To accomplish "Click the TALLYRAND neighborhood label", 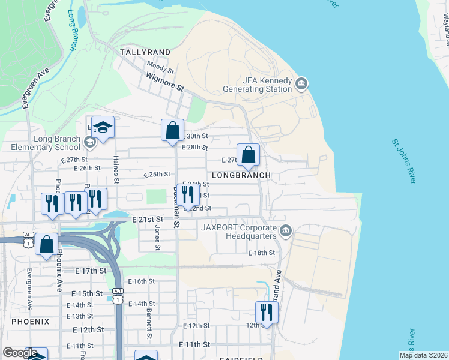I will click(145, 52).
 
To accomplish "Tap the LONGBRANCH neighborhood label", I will click(246, 175).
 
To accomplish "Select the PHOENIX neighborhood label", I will click(30, 321).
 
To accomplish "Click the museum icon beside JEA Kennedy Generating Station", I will click(301, 83).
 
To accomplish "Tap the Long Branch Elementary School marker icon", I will click(90, 142).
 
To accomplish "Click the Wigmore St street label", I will click(165, 82).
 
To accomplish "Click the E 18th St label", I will click(261, 253).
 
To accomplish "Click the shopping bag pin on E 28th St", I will click(172, 130).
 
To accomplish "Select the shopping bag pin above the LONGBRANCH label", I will click(248, 155).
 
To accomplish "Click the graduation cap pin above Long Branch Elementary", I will click(103, 127).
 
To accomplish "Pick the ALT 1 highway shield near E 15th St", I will click(119, 298).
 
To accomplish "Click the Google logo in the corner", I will click(20, 353).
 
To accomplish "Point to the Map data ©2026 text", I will click(423, 355).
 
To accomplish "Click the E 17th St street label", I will click(91, 271).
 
